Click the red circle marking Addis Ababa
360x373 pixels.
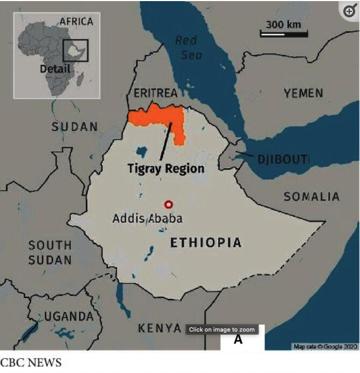[169, 204]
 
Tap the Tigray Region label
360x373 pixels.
[166, 168]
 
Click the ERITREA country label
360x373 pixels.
[155, 93]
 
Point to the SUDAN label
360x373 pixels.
[75, 127]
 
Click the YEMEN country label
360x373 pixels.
[304, 93]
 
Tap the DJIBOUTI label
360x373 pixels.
[283, 159]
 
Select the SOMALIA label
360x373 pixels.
[312, 197]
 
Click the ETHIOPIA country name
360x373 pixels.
[206, 243]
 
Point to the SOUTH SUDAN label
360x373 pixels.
[50, 253]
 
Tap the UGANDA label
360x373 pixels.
[69, 316]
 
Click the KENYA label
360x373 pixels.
[160, 328]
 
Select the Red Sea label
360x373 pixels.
[186, 47]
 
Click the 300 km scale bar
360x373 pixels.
[284, 33]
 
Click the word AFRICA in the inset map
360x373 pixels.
[76, 21]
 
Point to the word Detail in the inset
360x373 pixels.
[55, 69]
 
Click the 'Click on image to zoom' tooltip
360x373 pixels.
[221, 329]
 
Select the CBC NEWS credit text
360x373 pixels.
[31, 362]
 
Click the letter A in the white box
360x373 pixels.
[238, 340]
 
